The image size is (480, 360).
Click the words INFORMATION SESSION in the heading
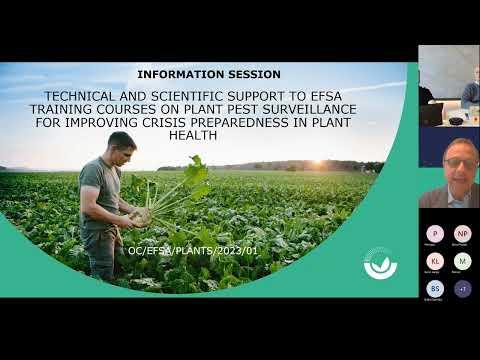(208, 74)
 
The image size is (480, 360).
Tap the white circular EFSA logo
(380, 263)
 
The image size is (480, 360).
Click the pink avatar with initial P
(434, 233)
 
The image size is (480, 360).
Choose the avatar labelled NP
(461, 233)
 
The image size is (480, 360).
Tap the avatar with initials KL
(434, 261)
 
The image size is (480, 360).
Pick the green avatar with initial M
(461, 261)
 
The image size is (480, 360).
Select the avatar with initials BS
(434, 288)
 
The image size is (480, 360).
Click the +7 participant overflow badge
(461, 288)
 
